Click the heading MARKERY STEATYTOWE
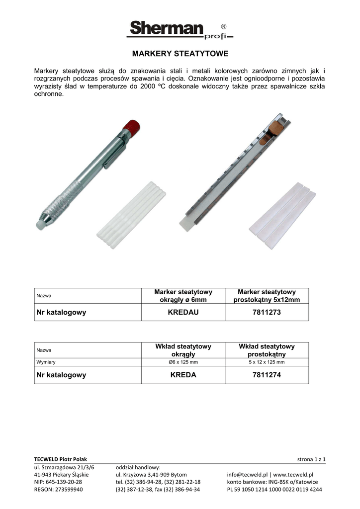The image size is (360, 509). click(x=180, y=53)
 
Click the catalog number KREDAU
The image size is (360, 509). click(x=183, y=313)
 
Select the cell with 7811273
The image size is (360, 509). click(x=267, y=313)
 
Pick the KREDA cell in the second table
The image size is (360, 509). click(x=183, y=375)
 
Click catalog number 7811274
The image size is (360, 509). click(x=267, y=375)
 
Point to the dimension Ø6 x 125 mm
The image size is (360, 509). click(x=183, y=362)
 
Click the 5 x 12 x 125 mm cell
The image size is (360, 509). click(x=267, y=362)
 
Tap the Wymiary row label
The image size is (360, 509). click(x=45, y=362)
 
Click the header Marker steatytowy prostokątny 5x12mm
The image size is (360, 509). click(x=267, y=296)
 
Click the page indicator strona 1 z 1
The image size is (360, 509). click(x=311, y=459)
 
